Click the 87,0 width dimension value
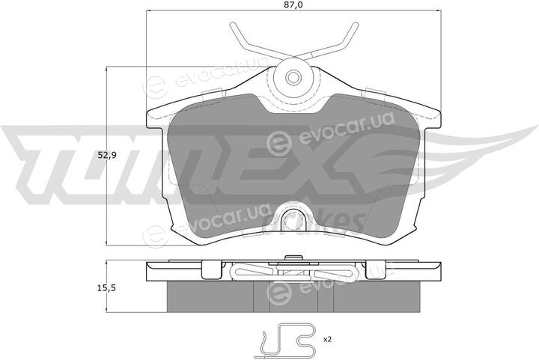tap(293, 4)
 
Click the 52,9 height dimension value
tap(107, 155)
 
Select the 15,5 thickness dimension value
tap(107, 288)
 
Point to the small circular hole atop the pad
tap(293, 77)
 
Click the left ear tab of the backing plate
tap(154, 118)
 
